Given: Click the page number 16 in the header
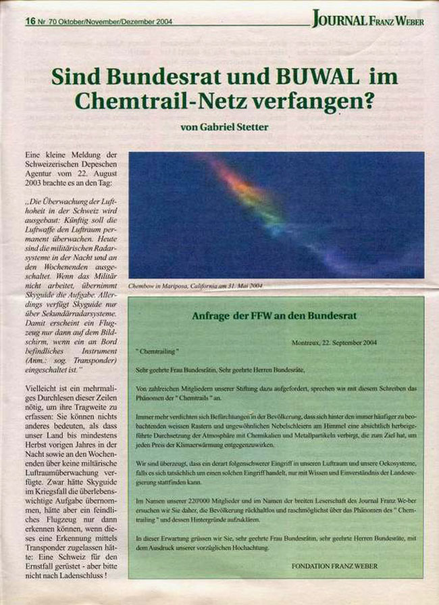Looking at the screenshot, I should coord(30,21).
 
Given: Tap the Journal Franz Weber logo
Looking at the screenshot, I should coord(368,20).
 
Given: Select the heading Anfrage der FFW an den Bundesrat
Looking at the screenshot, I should coord(276,315).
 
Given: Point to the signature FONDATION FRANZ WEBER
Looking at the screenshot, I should coord(334,565).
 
